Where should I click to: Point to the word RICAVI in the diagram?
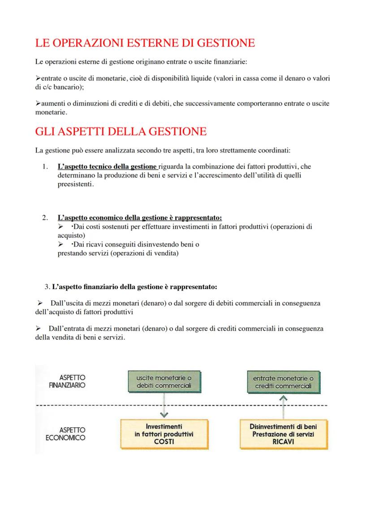pyautogui.click(x=283, y=441)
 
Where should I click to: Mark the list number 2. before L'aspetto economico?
pyautogui.click(x=45, y=218)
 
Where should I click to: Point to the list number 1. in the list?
pyautogui.click(x=45, y=167)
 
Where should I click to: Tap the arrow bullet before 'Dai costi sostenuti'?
pyautogui.click(x=61, y=227)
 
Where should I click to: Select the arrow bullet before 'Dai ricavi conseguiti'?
pyautogui.click(x=61, y=244)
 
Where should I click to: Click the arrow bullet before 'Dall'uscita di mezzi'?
pyautogui.click(x=40, y=304)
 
